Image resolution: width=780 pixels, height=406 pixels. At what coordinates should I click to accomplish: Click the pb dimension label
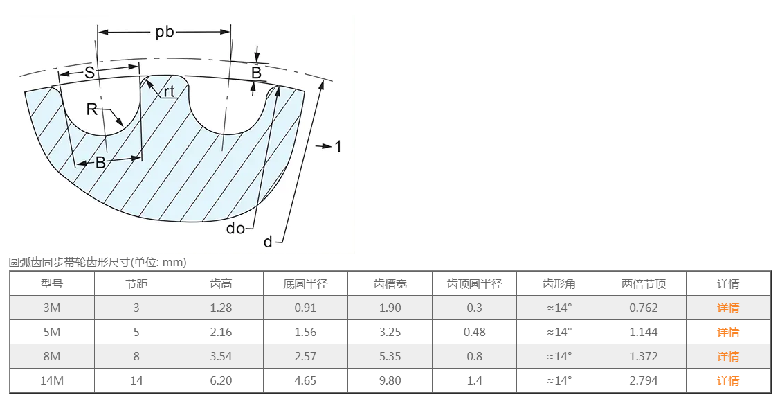click(x=165, y=33)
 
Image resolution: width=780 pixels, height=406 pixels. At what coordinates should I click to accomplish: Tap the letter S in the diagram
click(x=89, y=73)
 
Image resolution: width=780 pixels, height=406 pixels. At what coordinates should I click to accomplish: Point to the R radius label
click(x=91, y=109)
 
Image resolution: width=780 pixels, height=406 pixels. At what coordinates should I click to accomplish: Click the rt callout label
click(x=169, y=91)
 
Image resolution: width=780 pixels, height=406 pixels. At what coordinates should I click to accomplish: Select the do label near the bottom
click(x=235, y=228)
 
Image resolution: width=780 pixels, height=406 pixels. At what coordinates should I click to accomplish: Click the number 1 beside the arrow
click(x=338, y=146)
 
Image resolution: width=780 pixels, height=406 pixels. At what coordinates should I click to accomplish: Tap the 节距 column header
click(x=136, y=284)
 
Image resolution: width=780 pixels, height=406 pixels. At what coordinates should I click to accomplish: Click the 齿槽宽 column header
click(x=390, y=284)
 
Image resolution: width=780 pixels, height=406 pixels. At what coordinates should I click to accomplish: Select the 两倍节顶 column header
click(x=644, y=284)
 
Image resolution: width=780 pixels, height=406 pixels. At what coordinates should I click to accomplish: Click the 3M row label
click(x=52, y=308)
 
